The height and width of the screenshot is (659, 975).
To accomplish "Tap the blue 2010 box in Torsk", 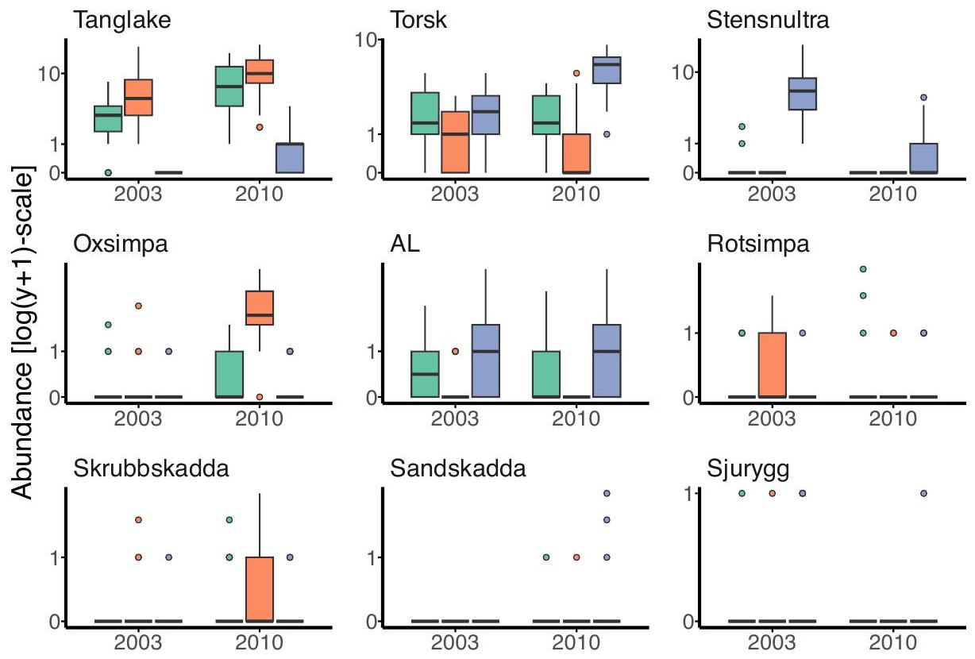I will tap(607, 70).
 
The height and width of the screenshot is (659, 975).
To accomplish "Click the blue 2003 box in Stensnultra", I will tap(802, 94).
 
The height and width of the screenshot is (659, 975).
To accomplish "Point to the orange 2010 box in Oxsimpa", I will tap(260, 308).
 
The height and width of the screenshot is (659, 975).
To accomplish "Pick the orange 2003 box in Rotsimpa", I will tap(772, 364).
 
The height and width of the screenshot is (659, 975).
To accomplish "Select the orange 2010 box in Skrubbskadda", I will tap(260, 588).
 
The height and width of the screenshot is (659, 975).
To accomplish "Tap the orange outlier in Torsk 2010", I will tap(576, 73).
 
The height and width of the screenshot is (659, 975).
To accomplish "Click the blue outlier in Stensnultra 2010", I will tap(923, 98).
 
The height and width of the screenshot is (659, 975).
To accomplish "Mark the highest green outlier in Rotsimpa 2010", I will tap(863, 269).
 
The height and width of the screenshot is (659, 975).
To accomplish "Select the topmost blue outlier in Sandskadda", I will tap(607, 493).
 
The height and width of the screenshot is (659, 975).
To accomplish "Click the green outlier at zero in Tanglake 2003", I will tap(108, 172).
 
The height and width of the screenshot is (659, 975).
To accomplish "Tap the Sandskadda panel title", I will tap(458, 468).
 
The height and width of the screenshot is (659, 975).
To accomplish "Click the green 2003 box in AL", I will tap(425, 373).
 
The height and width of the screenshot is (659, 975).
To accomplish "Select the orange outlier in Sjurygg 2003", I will tap(772, 493).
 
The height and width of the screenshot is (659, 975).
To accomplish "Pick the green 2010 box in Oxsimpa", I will tap(229, 373).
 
